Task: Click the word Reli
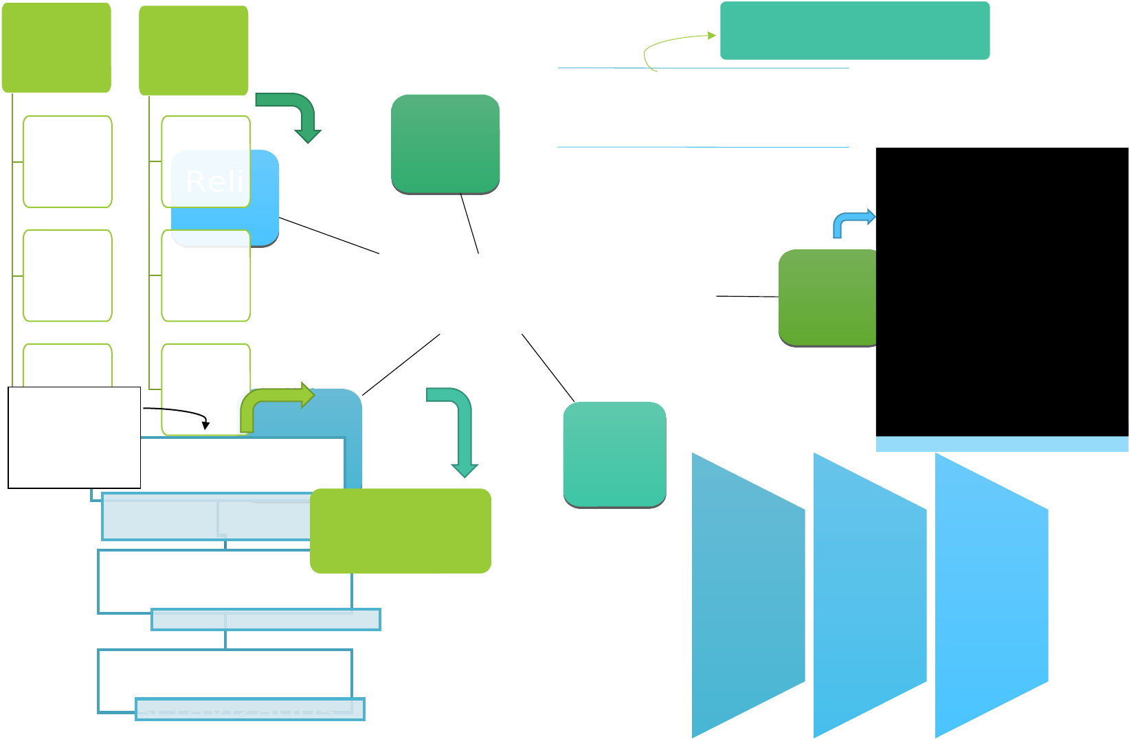(x=214, y=181)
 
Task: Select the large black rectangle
(x=1002, y=291)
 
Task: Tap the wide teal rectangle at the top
(x=854, y=30)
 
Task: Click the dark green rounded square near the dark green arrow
(x=445, y=144)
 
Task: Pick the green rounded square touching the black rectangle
(x=828, y=297)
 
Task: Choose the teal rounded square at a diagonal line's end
(x=614, y=455)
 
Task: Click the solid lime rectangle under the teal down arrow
(x=401, y=531)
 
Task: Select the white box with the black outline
(x=74, y=437)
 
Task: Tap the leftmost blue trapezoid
(x=748, y=595)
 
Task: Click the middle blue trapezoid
(x=870, y=595)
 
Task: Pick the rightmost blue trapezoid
(x=992, y=595)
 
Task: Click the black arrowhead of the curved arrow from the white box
(x=205, y=426)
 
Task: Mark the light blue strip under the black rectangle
(x=1002, y=444)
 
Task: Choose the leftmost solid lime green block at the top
(x=56, y=47)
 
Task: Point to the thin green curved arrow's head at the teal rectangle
(x=713, y=35)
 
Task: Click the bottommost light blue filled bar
(x=250, y=709)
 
